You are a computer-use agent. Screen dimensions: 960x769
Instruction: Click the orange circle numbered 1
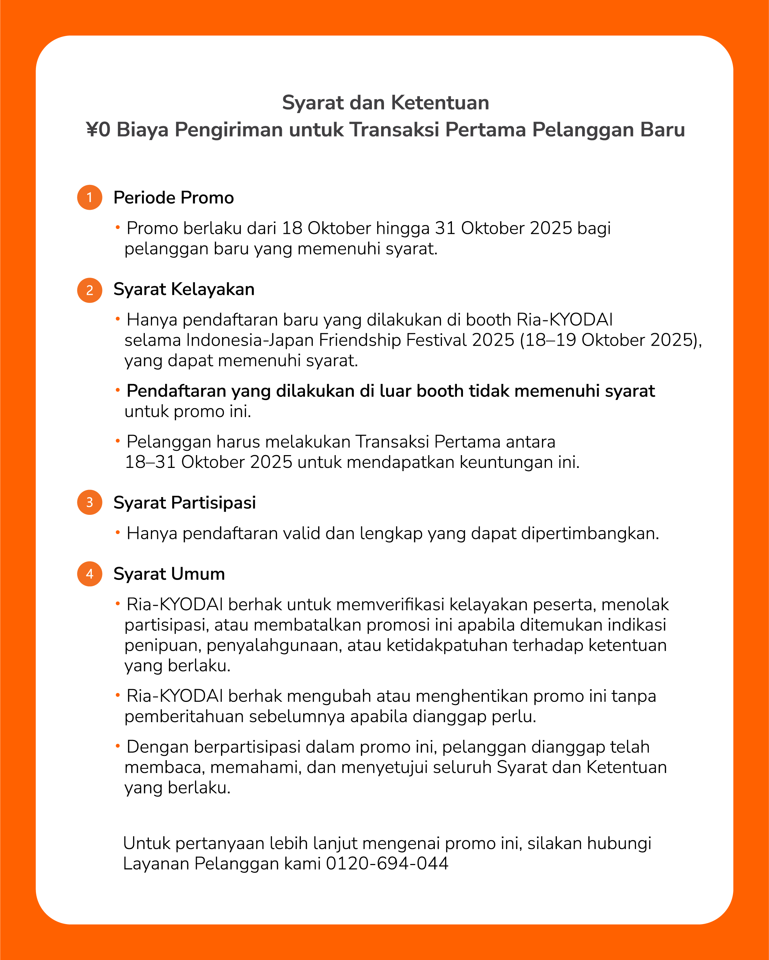click(90, 197)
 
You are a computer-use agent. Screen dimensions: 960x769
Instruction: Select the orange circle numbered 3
click(90, 502)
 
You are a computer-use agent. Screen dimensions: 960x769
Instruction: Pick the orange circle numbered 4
click(90, 574)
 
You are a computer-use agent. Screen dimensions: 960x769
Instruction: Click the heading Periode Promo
click(173, 198)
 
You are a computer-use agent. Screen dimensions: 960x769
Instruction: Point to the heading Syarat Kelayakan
click(184, 289)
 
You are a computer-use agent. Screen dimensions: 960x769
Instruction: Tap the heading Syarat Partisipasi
click(184, 503)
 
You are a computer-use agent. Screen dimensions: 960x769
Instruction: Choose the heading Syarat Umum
click(169, 574)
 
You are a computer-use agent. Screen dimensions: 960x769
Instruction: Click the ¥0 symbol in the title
click(98, 129)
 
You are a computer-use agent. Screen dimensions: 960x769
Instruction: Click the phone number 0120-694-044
click(387, 863)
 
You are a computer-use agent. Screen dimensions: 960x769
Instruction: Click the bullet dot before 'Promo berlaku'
click(118, 227)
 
